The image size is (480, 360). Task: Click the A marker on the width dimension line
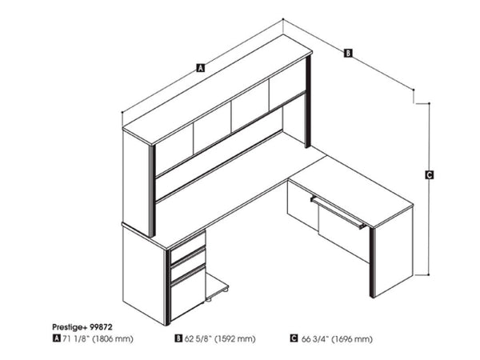[200, 70]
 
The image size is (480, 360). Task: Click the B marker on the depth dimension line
[348, 53]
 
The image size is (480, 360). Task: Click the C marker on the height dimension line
[430, 175]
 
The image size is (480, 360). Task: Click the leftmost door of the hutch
[174, 147]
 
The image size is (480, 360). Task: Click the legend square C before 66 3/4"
[294, 339]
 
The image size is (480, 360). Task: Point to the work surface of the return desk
[352, 182]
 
